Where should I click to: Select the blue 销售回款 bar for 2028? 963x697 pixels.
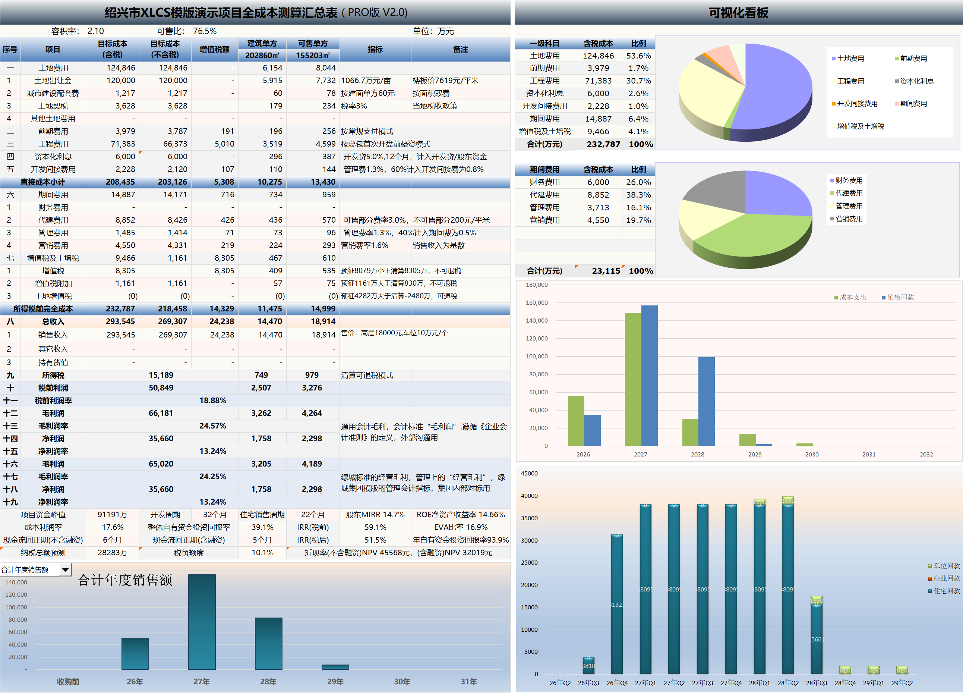(x=706, y=401)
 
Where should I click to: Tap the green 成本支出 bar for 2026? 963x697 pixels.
(x=576, y=420)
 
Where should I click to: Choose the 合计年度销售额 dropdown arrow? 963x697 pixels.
(x=65, y=569)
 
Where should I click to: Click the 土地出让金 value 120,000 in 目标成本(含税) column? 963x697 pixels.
(x=121, y=80)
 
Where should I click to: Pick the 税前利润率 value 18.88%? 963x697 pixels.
(x=213, y=401)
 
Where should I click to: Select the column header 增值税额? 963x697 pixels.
(x=214, y=49)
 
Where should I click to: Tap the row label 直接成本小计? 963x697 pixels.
(x=43, y=182)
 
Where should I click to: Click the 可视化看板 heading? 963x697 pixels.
(x=738, y=13)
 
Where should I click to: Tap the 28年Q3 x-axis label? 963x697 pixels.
(x=817, y=682)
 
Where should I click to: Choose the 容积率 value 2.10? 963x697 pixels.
(x=95, y=31)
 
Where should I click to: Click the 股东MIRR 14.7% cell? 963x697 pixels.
(x=375, y=514)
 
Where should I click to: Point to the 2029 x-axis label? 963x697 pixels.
(x=755, y=454)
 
